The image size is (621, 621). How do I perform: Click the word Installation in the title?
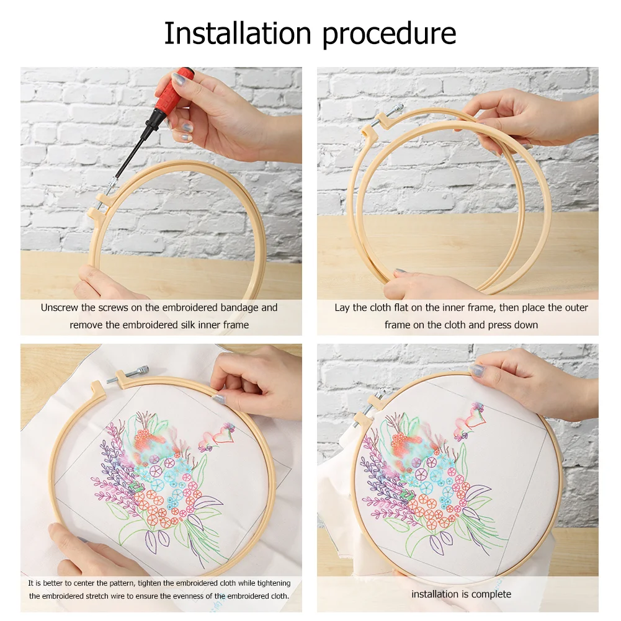[x=238, y=33]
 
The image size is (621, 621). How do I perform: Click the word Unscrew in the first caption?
[x=60, y=308]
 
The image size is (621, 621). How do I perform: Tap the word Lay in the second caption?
[x=341, y=308]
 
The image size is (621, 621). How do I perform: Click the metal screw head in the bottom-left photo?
[x=141, y=371]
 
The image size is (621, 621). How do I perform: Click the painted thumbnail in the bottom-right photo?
[x=477, y=370]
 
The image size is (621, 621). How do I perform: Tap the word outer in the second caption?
[x=574, y=308]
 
